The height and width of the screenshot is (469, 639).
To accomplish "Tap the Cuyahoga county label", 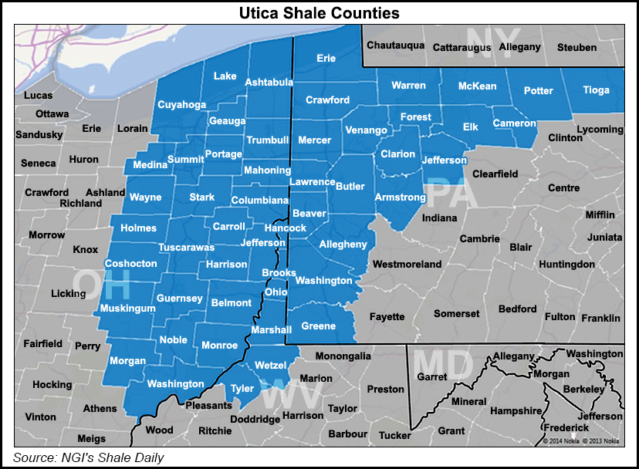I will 181,104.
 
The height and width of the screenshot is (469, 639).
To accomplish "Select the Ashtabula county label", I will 269,83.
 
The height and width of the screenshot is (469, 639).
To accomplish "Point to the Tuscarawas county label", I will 186,248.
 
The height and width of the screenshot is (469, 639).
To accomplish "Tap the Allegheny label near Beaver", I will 343,245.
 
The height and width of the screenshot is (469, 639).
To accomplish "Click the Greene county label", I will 318,326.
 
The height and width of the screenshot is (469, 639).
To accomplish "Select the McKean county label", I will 477,86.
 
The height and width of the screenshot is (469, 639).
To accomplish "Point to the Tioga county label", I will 596,90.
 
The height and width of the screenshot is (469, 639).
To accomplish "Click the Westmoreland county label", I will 407,265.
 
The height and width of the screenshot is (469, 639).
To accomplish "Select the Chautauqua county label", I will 395,46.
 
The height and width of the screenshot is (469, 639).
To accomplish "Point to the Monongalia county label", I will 343,356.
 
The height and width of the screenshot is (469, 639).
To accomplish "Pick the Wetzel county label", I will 270,365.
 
